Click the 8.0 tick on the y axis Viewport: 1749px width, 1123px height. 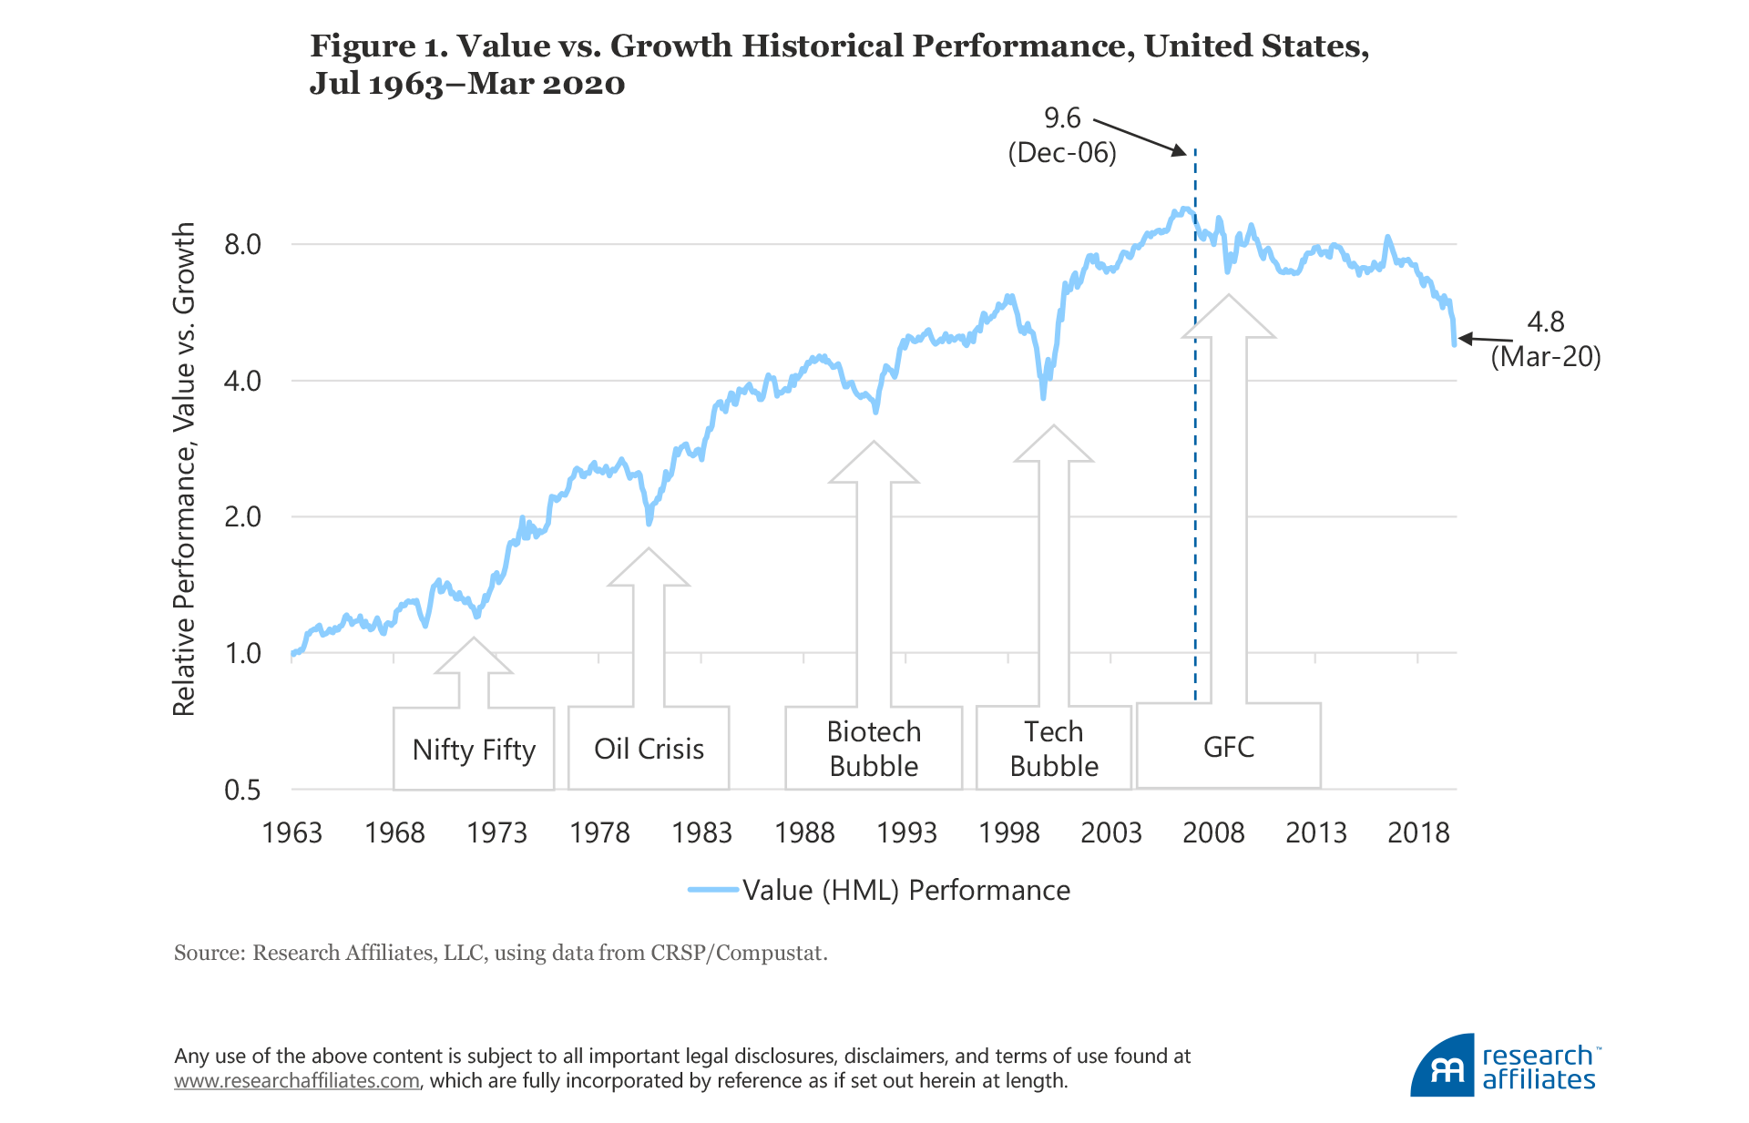(242, 245)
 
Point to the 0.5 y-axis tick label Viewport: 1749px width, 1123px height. (242, 790)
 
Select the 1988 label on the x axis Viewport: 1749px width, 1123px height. (803, 832)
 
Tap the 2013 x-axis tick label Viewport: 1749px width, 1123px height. (1315, 832)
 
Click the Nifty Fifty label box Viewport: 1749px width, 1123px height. (474, 750)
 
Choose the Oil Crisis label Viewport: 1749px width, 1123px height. (649, 749)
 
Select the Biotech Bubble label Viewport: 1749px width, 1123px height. (874, 749)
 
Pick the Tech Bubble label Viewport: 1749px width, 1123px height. (1054, 749)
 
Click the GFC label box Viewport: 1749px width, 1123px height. (1228, 747)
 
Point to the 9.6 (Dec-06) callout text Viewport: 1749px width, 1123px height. (1062, 135)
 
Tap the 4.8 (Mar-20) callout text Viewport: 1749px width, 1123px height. (1545, 339)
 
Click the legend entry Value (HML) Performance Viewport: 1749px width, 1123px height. (905, 890)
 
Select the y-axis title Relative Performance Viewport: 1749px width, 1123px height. (185, 469)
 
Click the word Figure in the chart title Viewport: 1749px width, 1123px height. (363, 46)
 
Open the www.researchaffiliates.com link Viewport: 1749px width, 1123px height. (297, 1081)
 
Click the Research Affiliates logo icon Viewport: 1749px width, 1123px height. (1443, 1066)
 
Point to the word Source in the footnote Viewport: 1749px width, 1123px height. (209, 953)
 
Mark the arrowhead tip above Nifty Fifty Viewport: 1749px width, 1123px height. (474, 638)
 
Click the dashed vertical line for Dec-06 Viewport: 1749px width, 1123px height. (1195, 455)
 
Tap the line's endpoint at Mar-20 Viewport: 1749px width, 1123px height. (1454, 344)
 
